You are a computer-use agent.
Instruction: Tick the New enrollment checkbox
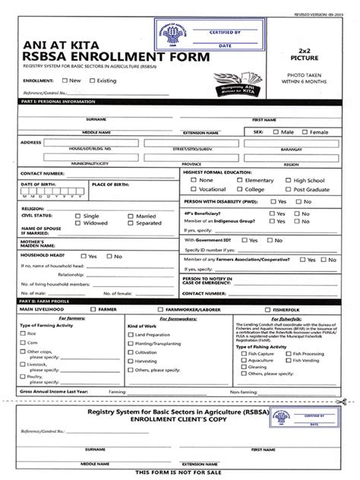tap(65, 80)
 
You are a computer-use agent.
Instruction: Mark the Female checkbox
tap(304, 131)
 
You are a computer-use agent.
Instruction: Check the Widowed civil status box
tap(78, 223)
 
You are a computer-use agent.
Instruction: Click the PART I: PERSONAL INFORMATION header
tap(53, 101)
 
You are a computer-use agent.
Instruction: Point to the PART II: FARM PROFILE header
tap(46, 302)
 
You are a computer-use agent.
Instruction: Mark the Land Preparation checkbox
tap(131, 333)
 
